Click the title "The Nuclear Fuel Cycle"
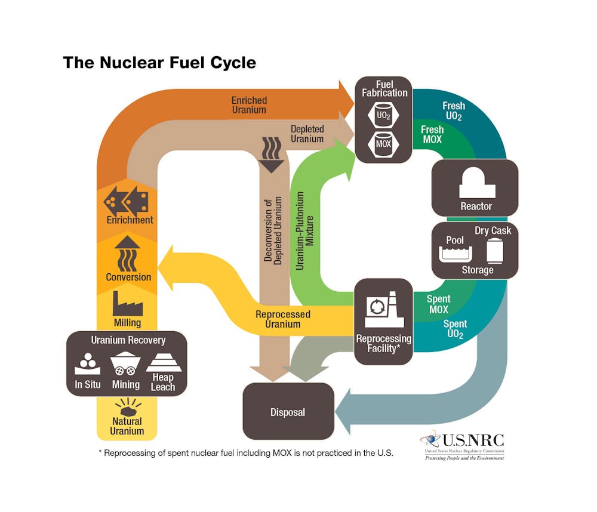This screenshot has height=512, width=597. [159, 62]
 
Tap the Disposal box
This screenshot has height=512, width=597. [288, 412]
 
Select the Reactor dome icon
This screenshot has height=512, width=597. [476, 182]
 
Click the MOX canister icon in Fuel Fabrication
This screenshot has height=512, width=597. [383, 143]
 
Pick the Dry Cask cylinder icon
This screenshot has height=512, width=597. [495, 251]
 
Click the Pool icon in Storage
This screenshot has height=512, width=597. [456, 254]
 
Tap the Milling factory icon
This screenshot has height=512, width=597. [128, 304]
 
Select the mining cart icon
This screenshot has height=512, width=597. [125, 363]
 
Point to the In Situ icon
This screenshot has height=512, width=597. [87, 362]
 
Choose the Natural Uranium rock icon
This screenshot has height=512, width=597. [128, 409]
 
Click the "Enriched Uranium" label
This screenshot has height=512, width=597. [249, 105]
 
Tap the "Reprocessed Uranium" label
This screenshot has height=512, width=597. [284, 319]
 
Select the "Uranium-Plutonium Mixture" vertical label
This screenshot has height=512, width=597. [305, 230]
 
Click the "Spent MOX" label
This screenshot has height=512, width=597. [438, 304]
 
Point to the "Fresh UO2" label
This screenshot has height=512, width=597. [453, 111]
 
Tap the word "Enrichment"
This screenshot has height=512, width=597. [130, 220]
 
